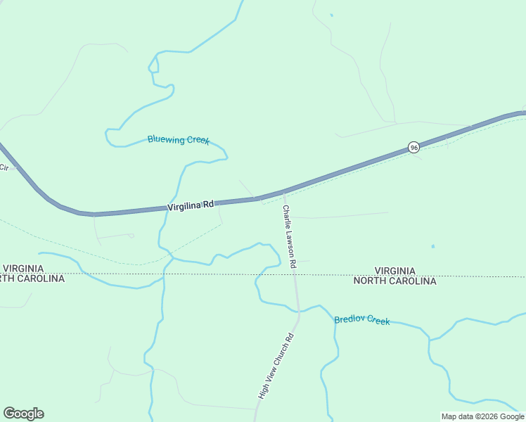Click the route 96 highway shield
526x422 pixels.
pyautogui.click(x=413, y=147)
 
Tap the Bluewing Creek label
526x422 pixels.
pyautogui.click(x=179, y=139)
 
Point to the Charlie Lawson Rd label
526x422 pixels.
pyautogui.click(x=290, y=236)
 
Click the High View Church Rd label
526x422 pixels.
pyautogui.click(x=275, y=366)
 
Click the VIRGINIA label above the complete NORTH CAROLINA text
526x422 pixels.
pyautogui.click(x=394, y=271)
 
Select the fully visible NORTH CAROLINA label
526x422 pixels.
pyautogui.click(x=394, y=281)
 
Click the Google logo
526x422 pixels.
pyautogui.click(x=23, y=414)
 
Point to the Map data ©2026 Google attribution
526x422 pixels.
pyautogui.click(x=483, y=416)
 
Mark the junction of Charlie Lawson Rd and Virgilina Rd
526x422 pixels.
pyautogui.click(x=283, y=193)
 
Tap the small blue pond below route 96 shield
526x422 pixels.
pyautogui.click(x=432, y=246)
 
